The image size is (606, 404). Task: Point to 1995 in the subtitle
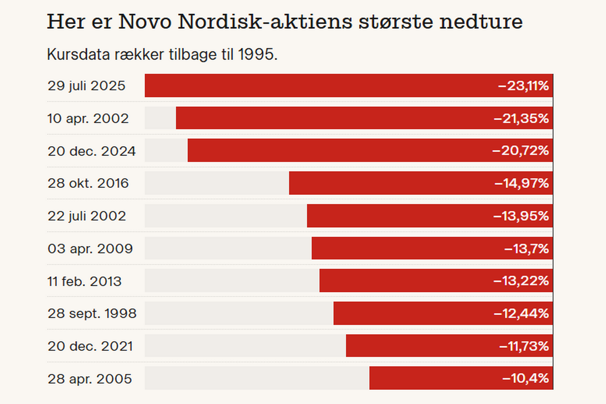click(256, 54)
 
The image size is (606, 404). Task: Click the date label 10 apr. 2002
click(88, 118)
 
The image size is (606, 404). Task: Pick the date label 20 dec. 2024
click(91, 151)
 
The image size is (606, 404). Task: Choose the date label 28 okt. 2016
click(88, 183)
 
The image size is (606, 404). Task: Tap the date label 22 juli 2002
click(87, 216)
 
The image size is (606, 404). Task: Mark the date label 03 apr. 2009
click(90, 249)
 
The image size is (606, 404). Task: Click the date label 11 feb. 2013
click(84, 281)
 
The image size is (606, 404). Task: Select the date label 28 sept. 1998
click(92, 314)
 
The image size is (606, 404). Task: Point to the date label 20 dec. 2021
click(90, 346)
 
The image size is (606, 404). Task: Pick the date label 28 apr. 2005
click(90, 379)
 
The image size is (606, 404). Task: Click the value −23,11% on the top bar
click(523, 86)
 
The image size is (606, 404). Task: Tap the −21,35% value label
click(521, 119)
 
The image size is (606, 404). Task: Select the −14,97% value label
click(521, 183)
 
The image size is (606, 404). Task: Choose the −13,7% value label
click(526, 249)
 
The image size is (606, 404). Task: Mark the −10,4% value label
click(525, 378)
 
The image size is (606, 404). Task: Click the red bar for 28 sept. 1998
click(412, 313)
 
